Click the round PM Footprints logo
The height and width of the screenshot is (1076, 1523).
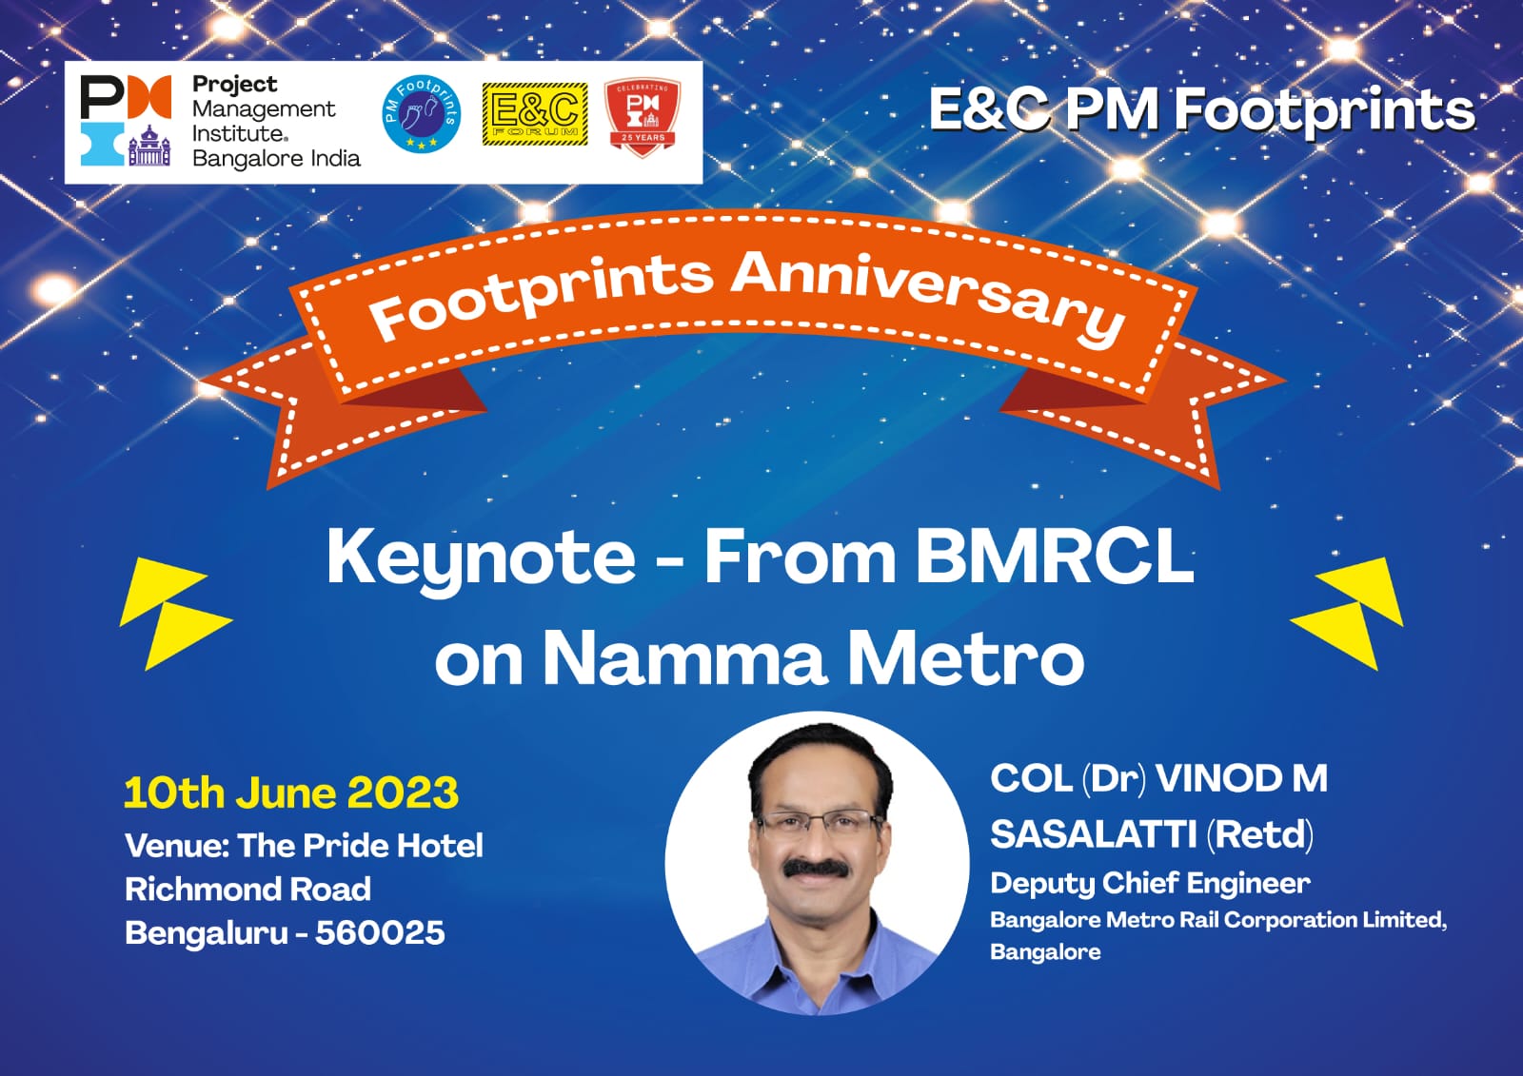pos(422,113)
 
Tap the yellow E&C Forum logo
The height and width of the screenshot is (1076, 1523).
pos(535,114)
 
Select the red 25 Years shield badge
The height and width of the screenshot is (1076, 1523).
pos(643,116)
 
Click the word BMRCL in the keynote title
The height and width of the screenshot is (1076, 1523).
pos(1055,557)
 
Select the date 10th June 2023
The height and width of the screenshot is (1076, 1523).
pos(291,792)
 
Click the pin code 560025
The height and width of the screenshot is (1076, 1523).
pos(380,932)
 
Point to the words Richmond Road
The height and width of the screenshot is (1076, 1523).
pos(248,890)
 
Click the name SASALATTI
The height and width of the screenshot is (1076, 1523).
pos(1094,834)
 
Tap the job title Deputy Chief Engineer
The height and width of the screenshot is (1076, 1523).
pos(1150,883)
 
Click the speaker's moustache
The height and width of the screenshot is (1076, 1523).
pos(815,868)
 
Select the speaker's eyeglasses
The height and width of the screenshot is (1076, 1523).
pos(820,824)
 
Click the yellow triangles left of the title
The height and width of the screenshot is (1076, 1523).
pos(175,614)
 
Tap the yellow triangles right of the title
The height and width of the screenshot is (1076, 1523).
pos(1347,614)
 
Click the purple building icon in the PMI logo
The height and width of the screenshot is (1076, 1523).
pos(148,146)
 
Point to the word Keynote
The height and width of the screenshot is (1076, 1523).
pos(482,558)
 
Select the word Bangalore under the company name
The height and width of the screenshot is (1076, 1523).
pos(1045,951)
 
